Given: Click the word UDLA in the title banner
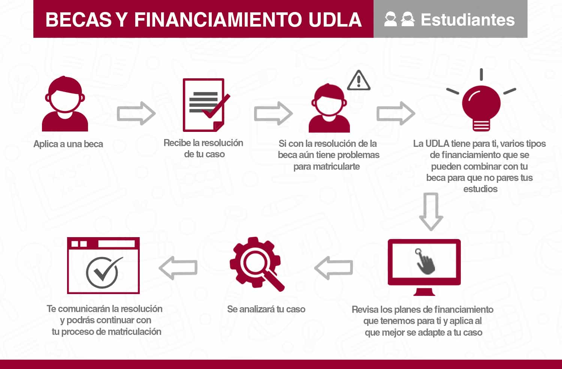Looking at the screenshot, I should [335, 20].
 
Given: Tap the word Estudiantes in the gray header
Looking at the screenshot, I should [468, 20].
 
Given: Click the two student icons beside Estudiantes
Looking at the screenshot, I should [399, 19].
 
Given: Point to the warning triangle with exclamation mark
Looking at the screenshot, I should [359, 81].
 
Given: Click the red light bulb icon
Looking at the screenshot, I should [481, 105].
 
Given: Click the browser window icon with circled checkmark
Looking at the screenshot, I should [103, 265].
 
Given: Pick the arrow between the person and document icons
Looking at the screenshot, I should [136, 113].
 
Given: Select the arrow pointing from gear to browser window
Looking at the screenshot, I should [178, 267].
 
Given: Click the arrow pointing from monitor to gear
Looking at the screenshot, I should [333, 267].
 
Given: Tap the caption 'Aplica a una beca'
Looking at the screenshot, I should [68, 144].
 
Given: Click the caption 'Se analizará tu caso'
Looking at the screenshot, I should [266, 309].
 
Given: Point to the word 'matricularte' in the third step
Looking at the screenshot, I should [327, 167].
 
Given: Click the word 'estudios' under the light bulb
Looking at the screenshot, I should [480, 189].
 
